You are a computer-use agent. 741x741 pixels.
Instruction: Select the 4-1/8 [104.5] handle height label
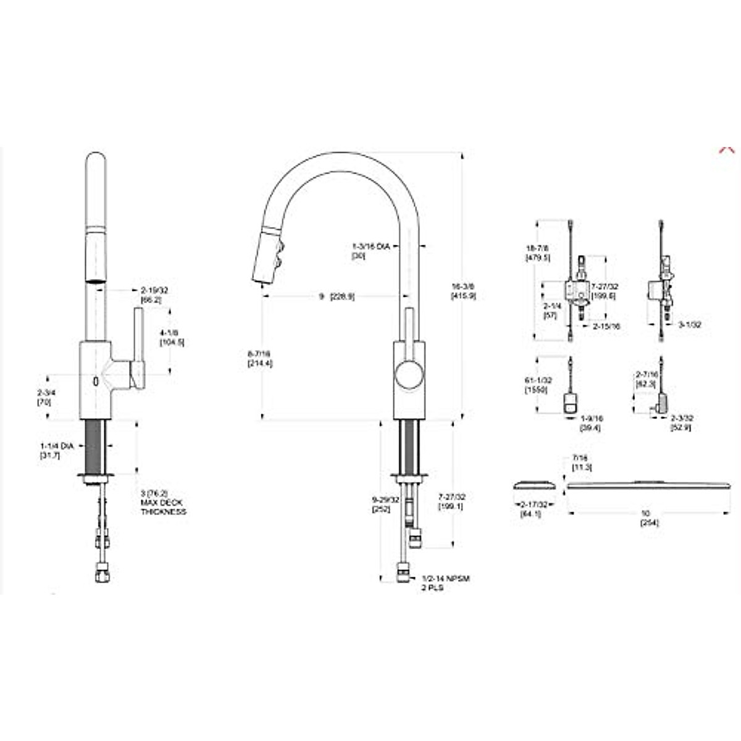[171, 337]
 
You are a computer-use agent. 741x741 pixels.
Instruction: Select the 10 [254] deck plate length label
[646, 517]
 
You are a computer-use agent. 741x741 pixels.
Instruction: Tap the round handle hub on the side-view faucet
[408, 376]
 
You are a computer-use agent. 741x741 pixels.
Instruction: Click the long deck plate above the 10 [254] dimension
[646, 485]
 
